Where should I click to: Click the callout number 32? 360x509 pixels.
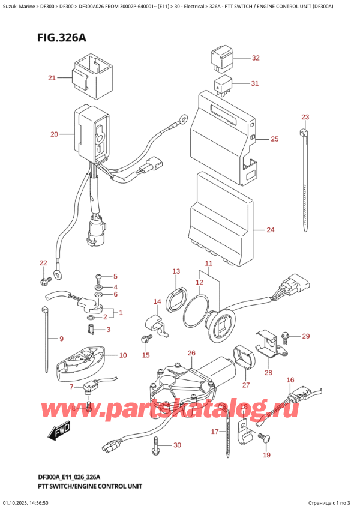[x=256, y=58]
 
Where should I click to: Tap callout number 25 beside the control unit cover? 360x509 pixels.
[x=274, y=139]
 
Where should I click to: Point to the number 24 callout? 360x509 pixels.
[x=270, y=230]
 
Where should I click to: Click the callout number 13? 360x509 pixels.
[x=176, y=271]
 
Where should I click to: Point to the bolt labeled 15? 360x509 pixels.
[x=144, y=340]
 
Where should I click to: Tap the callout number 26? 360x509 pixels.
[x=191, y=353]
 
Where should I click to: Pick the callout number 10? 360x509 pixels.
[x=122, y=355]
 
